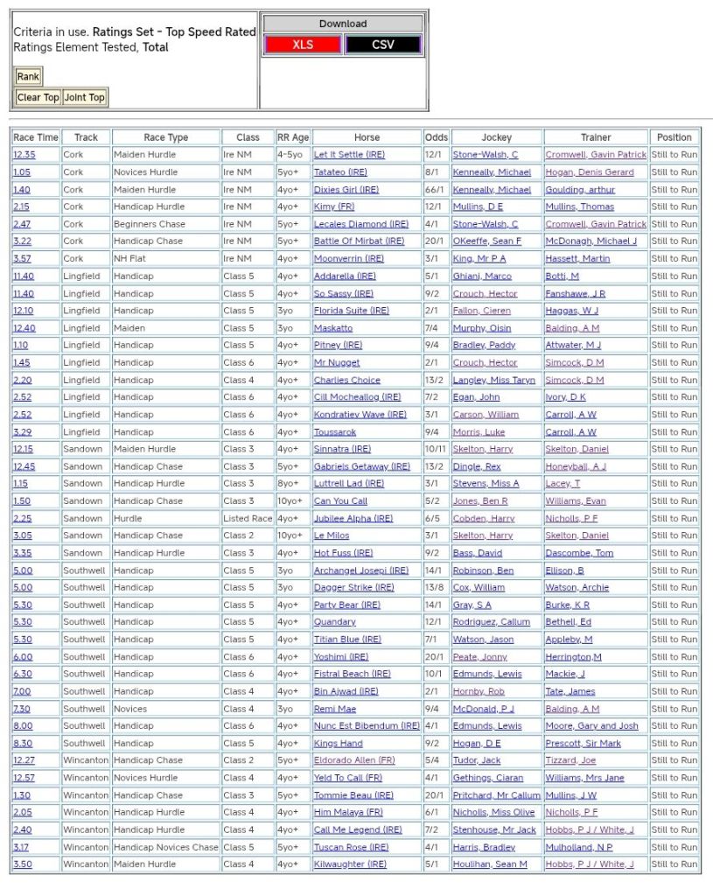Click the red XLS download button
[302, 45]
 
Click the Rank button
[28, 76]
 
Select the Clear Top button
[38, 97]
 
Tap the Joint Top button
[84, 97]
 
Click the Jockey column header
[496, 137]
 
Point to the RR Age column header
[293, 137]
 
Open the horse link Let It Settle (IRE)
[349, 155]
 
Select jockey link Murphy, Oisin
[481, 328]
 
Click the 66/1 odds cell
[433, 190]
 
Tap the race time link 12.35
[24, 155]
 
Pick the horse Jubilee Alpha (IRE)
[353, 518]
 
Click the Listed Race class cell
[248, 518]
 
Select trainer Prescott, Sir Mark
[583, 743]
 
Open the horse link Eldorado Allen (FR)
[354, 760]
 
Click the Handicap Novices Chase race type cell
[165, 847]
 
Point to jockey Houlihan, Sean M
[489, 864]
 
